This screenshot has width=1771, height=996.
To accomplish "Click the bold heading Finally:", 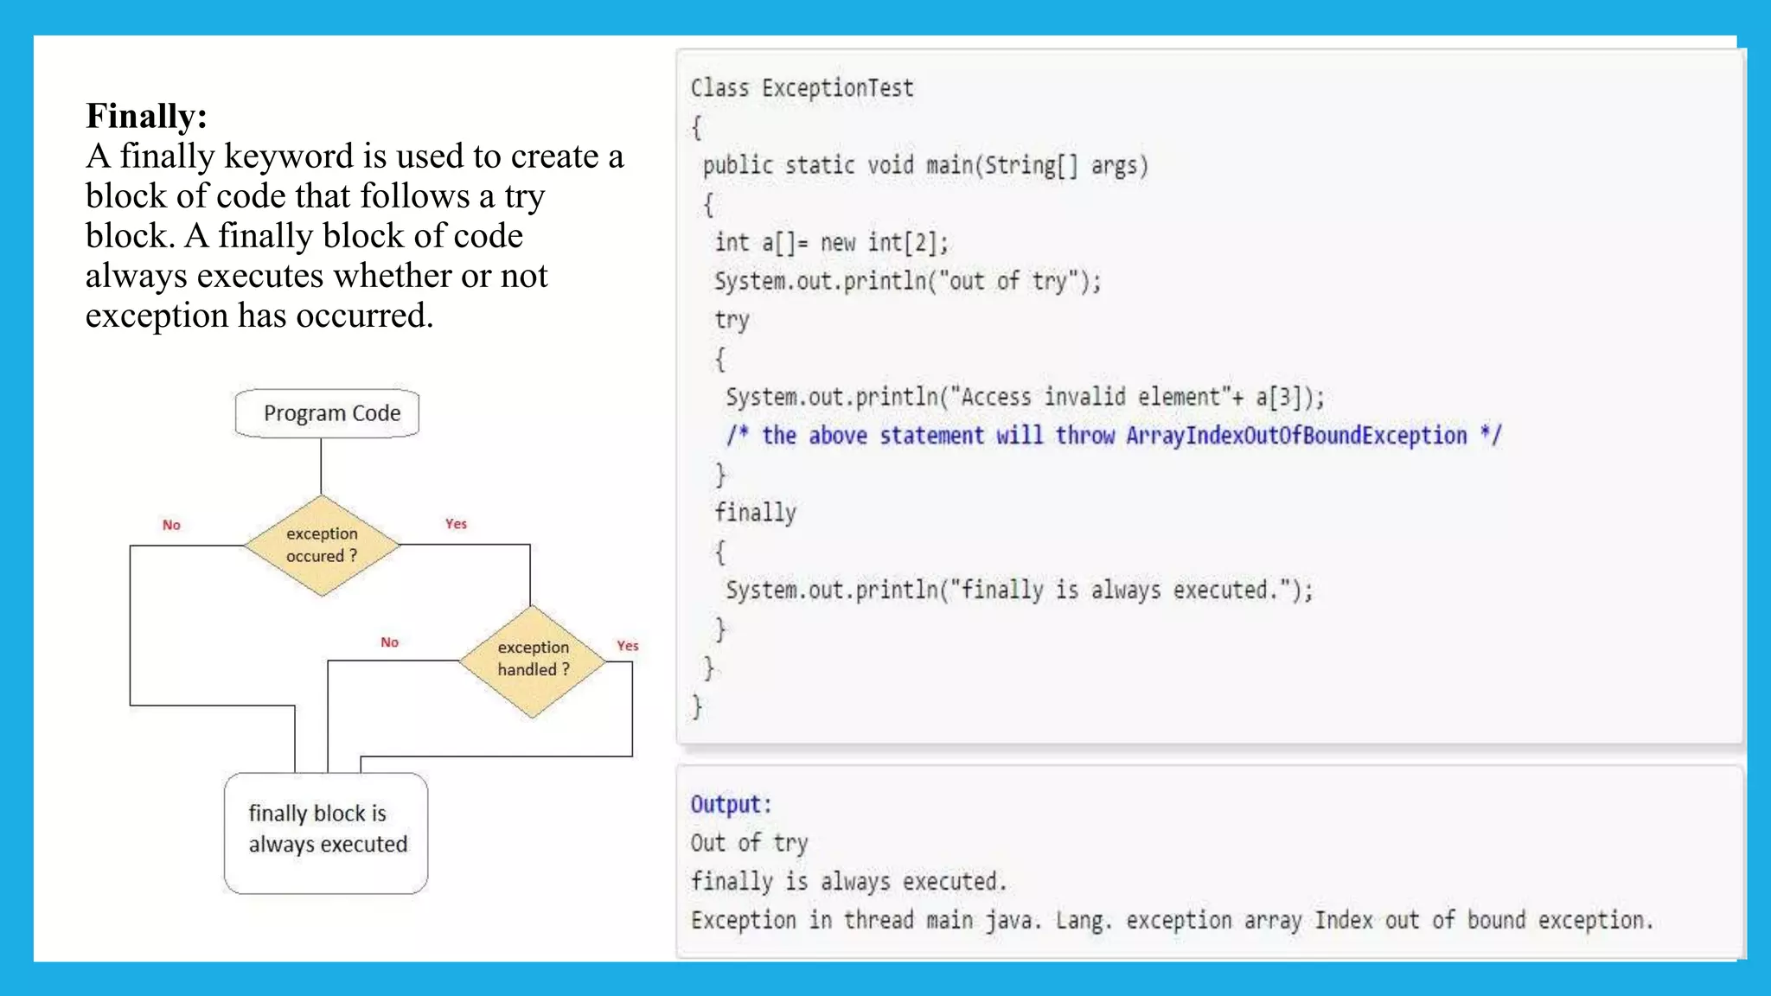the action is tap(146, 116).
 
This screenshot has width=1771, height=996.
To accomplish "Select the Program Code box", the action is tap(327, 413).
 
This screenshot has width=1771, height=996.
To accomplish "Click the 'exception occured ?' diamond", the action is tap(322, 545).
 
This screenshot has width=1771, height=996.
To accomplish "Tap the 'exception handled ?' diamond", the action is tap(533, 659).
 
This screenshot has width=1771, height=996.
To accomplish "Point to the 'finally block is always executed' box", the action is tap(326, 831).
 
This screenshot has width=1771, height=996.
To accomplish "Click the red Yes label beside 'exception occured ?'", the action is tap(456, 524).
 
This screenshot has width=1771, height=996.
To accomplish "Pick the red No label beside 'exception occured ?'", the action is tap(171, 525).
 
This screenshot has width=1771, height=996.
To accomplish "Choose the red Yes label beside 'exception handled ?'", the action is tap(627, 646).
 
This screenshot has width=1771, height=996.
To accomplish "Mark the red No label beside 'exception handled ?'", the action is tap(389, 642).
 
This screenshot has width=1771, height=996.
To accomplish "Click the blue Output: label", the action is tap(730, 804).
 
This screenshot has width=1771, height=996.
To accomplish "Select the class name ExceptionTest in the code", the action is tap(837, 88).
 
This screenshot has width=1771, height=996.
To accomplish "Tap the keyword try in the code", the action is tap(732, 320).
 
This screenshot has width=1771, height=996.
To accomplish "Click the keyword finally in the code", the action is tap(755, 513).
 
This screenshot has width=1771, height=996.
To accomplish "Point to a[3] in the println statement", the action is tap(1278, 397).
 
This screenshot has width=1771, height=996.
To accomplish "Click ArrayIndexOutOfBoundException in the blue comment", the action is tap(1296, 436).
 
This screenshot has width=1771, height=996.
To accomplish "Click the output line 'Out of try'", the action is tap(749, 843).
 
